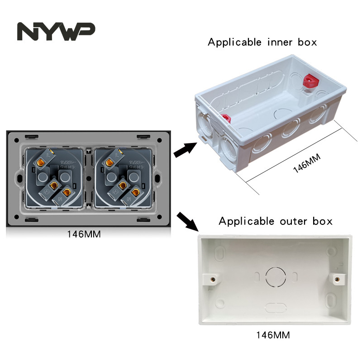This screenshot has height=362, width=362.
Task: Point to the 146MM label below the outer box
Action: tap(273, 335)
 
